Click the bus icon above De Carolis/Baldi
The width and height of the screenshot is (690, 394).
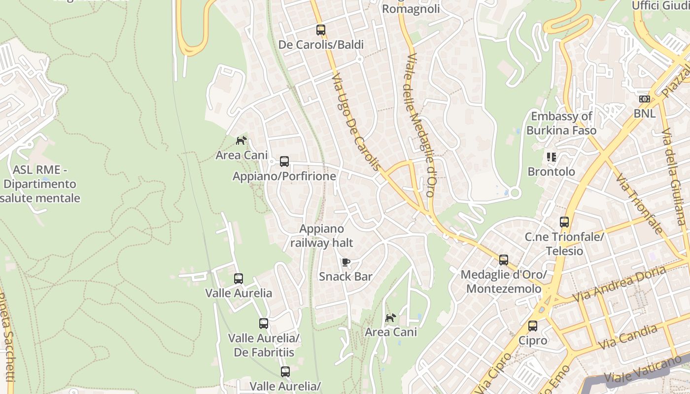[321, 30]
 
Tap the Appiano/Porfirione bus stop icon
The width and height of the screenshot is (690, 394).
[284, 161]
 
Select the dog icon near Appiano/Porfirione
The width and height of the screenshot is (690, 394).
[241, 141]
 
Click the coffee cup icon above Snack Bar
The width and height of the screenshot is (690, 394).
[345, 262]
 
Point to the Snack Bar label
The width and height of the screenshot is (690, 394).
[345, 276]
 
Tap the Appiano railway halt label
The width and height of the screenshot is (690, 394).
[322, 236]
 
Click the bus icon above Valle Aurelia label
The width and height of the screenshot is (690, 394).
[239, 279]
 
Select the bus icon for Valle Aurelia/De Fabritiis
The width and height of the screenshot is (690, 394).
[264, 324]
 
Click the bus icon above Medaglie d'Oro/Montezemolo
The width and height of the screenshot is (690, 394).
[503, 260]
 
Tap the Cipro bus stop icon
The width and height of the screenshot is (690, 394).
[533, 326]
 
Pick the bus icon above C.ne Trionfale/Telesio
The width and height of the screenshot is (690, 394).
[564, 222]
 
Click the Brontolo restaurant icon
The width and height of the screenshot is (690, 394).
[551, 157]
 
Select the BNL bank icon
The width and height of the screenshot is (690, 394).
[644, 99]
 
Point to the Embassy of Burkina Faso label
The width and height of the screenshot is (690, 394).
[561, 124]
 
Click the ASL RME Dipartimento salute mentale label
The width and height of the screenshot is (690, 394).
[40, 184]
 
